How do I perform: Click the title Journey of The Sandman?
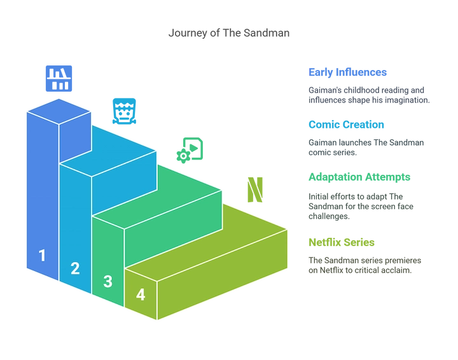click(x=229, y=33)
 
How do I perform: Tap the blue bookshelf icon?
click(x=59, y=78)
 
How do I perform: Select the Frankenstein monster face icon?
click(x=124, y=111)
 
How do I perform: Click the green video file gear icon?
click(x=190, y=150)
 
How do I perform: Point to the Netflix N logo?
click(x=255, y=190)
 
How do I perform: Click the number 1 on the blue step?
click(x=43, y=255)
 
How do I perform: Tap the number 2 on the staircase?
click(x=75, y=268)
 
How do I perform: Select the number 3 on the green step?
click(x=108, y=281)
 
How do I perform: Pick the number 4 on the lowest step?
click(x=141, y=294)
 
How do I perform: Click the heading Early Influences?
click(x=347, y=72)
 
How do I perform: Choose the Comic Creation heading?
click(x=346, y=125)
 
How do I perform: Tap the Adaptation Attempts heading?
click(x=359, y=177)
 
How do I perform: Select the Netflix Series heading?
click(x=342, y=242)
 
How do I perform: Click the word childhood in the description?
click(x=361, y=90)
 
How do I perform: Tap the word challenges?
click(x=329, y=216)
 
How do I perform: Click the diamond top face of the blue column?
click(x=59, y=111)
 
